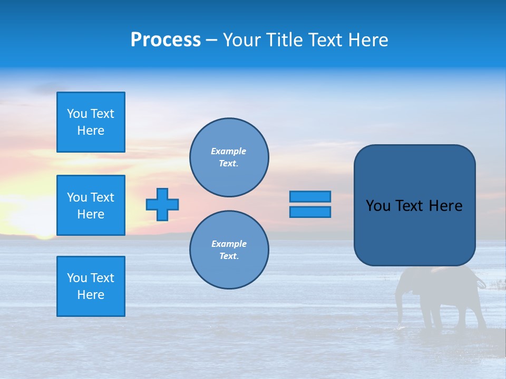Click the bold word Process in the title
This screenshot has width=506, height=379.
coord(166,40)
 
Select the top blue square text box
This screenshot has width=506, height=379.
coord(91,122)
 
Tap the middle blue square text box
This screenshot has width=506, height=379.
coord(91,205)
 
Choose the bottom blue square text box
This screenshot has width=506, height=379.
coord(91,286)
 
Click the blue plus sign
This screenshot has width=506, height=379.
coord(162,204)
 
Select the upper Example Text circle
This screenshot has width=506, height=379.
coord(229,157)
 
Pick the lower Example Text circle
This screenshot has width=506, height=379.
coord(229,250)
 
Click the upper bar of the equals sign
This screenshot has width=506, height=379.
coord(310,196)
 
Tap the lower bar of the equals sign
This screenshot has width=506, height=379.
coord(310,212)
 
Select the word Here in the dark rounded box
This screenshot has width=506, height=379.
coord(445,206)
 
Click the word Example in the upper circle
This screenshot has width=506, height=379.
coord(228,151)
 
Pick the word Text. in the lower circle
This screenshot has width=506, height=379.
coord(229,256)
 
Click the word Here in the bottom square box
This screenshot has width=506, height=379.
coord(91,295)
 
